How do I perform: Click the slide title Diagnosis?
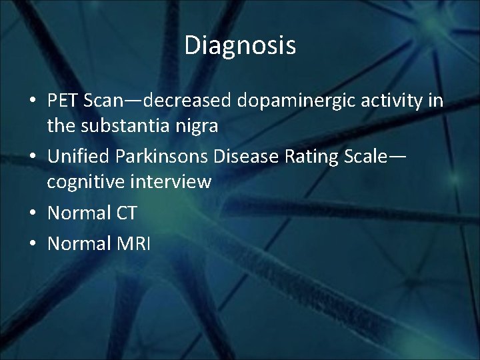coord(240,45)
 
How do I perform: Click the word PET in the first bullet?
coord(61,101)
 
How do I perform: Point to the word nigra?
coord(197,126)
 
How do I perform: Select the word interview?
coord(173,181)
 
